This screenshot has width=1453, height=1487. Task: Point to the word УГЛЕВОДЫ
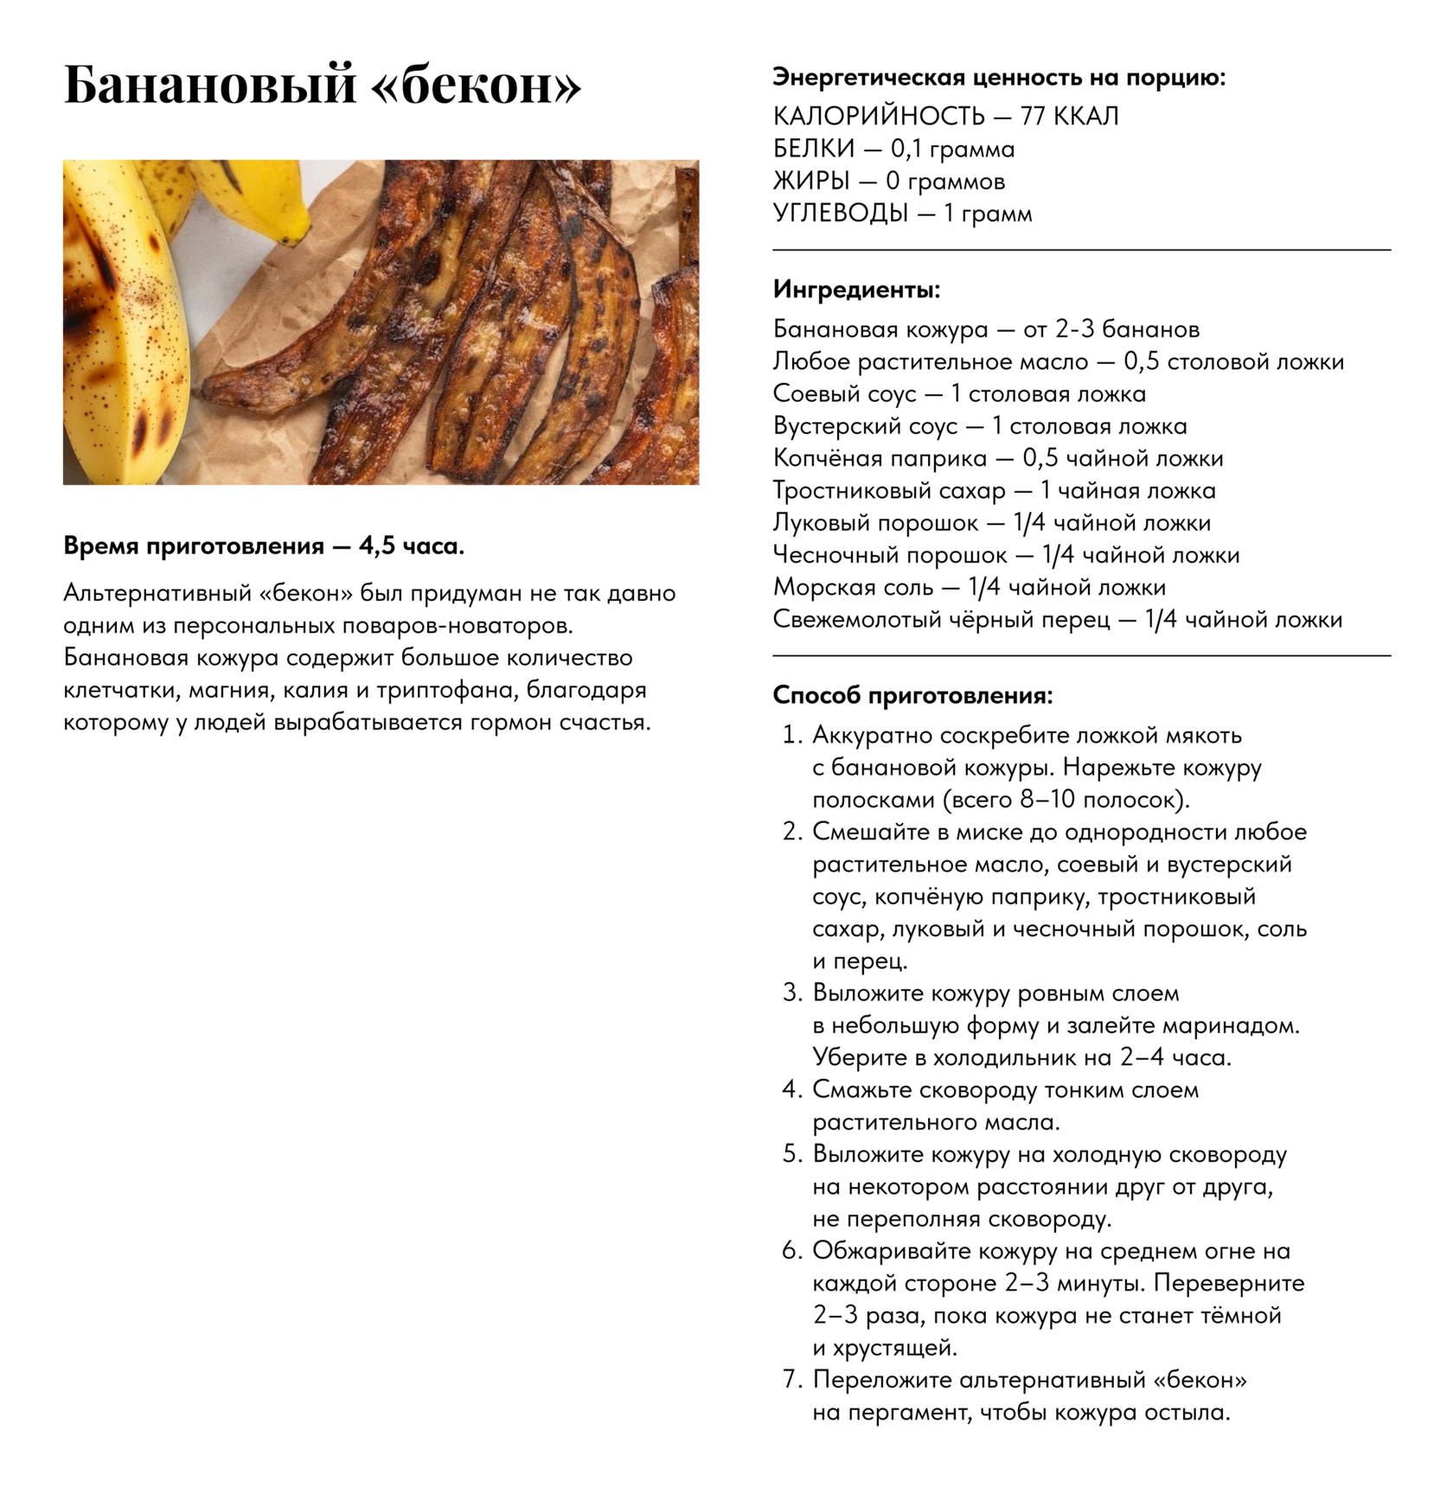click(840, 213)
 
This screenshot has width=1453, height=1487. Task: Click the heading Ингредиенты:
click(856, 289)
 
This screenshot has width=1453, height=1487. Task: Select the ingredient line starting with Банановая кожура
click(986, 329)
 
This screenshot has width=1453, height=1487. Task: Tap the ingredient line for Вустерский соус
click(979, 426)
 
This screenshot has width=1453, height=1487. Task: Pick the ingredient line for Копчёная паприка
click(997, 458)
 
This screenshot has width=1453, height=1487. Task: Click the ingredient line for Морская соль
click(969, 587)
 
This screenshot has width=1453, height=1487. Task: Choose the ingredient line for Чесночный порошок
click(1006, 555)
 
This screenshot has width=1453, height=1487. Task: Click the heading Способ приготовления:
click(912, 695)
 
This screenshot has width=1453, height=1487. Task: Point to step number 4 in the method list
click(791, 1089)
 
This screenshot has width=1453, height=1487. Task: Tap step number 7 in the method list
click(791, 1380)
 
